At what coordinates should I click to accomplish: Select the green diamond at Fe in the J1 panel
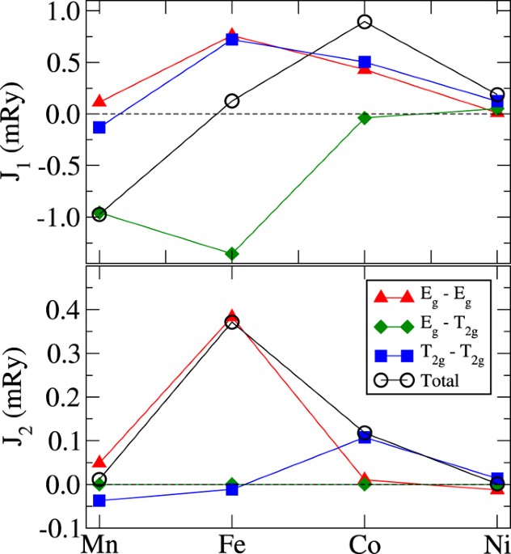pyautogui.click(x=232, y=254)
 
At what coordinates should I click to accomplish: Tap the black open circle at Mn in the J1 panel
pyautogui.click(x=99, y=214)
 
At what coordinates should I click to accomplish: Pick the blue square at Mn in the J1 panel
pyautogui.click(x=99, y=128)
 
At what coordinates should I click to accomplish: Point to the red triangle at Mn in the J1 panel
pyautogui.click(x=99, y=102)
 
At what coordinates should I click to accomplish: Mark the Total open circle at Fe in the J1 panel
pyautogui.click(x=232, y=101)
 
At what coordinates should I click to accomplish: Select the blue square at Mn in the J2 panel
pyautogui.click(x=99, y=501)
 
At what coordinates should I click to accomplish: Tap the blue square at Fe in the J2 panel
pyautogui.click(x=232, y=489)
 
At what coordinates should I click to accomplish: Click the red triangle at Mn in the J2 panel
pyautogui.click(x=99, y=463)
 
